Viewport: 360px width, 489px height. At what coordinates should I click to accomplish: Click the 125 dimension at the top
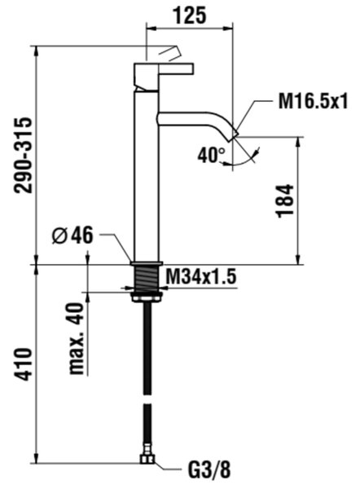(190, 15)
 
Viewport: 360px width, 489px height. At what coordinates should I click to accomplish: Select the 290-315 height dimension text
(23, 155)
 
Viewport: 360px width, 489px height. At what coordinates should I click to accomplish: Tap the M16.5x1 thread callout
(313, 101)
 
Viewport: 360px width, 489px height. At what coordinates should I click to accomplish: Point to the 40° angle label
(212, 155)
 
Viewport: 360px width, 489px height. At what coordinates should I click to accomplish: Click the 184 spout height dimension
(285, 201)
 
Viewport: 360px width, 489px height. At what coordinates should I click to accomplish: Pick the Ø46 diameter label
(72, 236)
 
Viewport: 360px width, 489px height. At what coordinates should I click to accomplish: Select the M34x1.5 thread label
(200, 276)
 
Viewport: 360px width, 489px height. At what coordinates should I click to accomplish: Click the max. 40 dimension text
(77, 338)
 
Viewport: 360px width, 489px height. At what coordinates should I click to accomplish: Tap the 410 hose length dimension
(23, 364)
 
